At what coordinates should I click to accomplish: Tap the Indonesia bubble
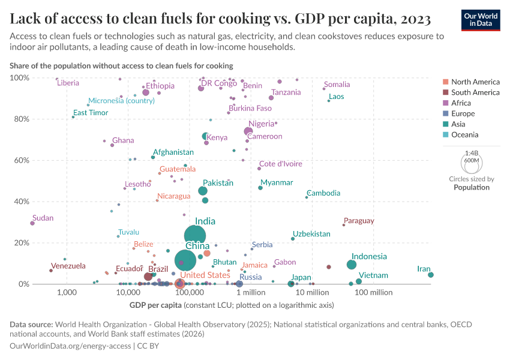pos(352,265)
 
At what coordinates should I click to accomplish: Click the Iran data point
pos(431,275)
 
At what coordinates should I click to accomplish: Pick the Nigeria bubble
pos(249,131)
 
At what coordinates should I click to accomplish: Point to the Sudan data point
pos(32,223)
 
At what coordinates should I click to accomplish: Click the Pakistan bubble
pos(203,191)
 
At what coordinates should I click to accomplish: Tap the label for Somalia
pos(337,85)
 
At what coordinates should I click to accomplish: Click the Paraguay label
pos(359,221)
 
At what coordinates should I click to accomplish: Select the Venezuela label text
pos(68,266)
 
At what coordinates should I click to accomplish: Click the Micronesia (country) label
pos(122,101)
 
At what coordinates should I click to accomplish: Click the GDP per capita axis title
pos(172,305)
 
